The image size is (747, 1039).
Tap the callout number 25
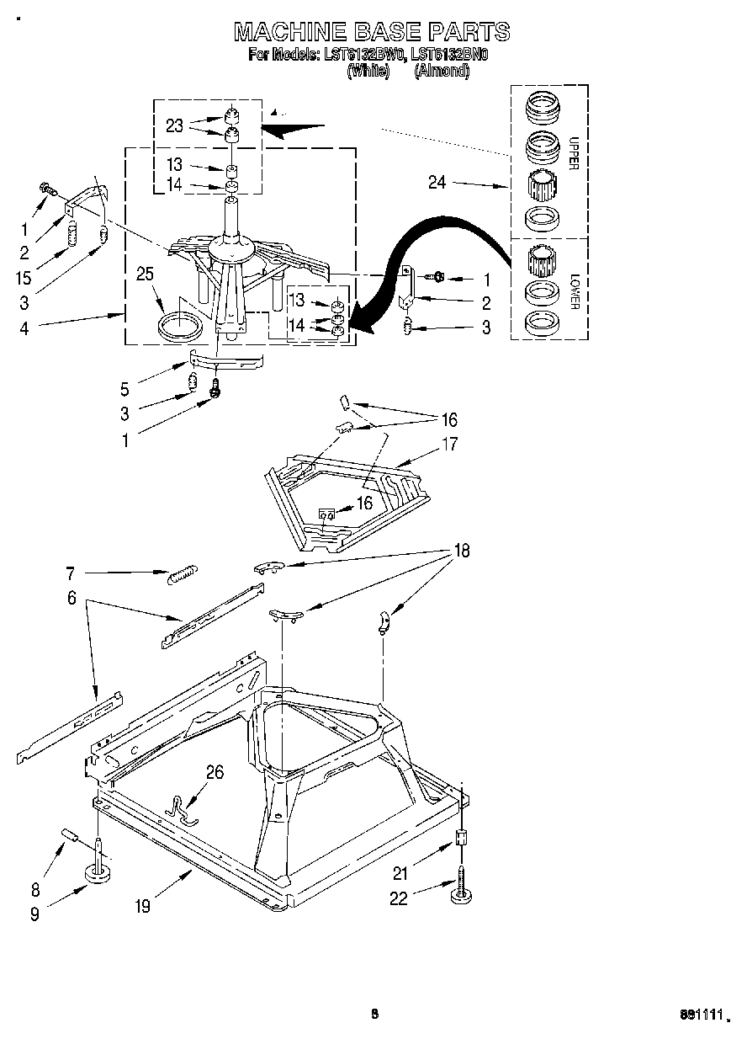[x=146, y=273]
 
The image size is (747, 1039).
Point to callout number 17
[x=449, y=444]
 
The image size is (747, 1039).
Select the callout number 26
[x=215, y=771]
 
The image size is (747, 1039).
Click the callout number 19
[x=142, y=906]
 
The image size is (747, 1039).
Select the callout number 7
[x=70, y=574]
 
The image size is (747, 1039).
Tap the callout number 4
[x=24, y=329]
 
